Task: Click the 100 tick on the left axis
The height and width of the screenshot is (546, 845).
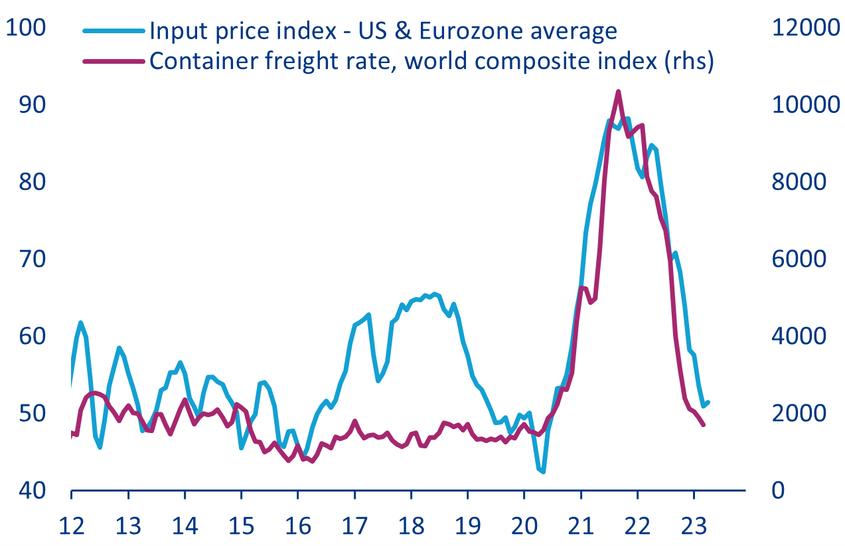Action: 25,28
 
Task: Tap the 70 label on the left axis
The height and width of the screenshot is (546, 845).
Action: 25,259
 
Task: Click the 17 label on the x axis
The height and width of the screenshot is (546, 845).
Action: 354,526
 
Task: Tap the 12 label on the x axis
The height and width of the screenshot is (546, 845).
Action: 71,526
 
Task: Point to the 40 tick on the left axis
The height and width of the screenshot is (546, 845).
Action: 25,491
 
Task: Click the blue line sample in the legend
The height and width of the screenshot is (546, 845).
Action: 114,31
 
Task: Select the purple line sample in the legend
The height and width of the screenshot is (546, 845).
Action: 114,60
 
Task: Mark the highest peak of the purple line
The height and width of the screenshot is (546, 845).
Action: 618,92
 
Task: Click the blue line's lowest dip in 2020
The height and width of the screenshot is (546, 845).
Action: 543,472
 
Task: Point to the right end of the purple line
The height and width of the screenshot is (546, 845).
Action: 704,425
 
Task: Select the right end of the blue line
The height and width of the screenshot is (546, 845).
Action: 709,402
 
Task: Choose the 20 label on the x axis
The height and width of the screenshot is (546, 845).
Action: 524,526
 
